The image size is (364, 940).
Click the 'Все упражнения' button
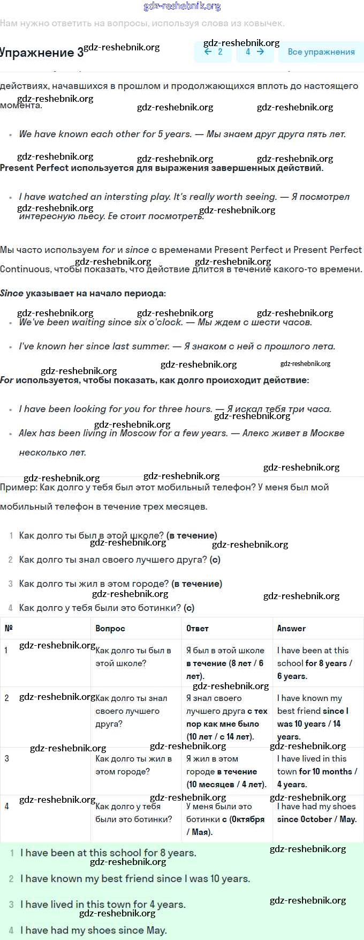click(x=321, y=52)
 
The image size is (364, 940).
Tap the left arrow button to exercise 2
click(x=213, y=52)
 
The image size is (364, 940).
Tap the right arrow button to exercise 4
click(x=255, y=52)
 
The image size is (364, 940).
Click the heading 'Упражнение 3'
click(x=42, y=53)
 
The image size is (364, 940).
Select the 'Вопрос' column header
click(x=110, y=628)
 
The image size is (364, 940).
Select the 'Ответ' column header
click(x=198, y=628)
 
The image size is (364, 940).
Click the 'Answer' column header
click(x=291, y=628)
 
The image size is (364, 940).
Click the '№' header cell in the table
click(x=9, y=628)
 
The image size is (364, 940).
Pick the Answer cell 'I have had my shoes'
click(x=316, y=812)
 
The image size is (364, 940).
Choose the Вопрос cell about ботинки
click(x=133, y=812)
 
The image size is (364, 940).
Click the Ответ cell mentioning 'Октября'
click(x=225, y=819)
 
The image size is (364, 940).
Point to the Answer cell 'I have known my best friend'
click(x=313, y=717)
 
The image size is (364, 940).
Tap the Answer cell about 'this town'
click(x=316, y=771)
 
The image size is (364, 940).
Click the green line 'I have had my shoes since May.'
click(x=94, y=930)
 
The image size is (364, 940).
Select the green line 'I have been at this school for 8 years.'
click(x=108, y=853)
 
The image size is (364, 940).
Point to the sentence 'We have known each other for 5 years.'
click(x=105, y=134)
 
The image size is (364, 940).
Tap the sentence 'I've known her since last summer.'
click(x=94, y=346)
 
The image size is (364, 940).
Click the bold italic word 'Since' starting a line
click(x=12, y=293)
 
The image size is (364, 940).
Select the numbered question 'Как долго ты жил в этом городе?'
click(x=94, y=584)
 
